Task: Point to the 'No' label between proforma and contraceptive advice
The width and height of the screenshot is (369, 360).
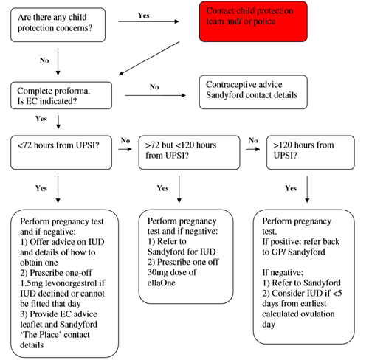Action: coord(154,86)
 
